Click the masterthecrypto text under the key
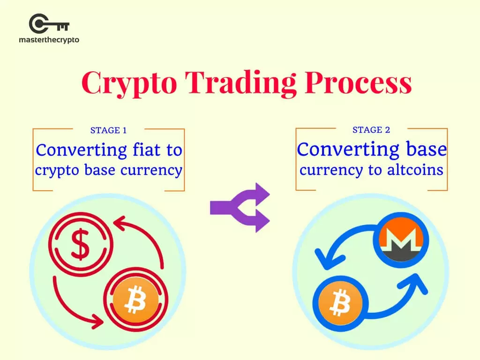point(49,40)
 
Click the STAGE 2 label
point(371,130)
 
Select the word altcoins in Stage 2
point(415,170)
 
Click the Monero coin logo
point(398,240)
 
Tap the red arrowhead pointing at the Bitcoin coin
point(97,321)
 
